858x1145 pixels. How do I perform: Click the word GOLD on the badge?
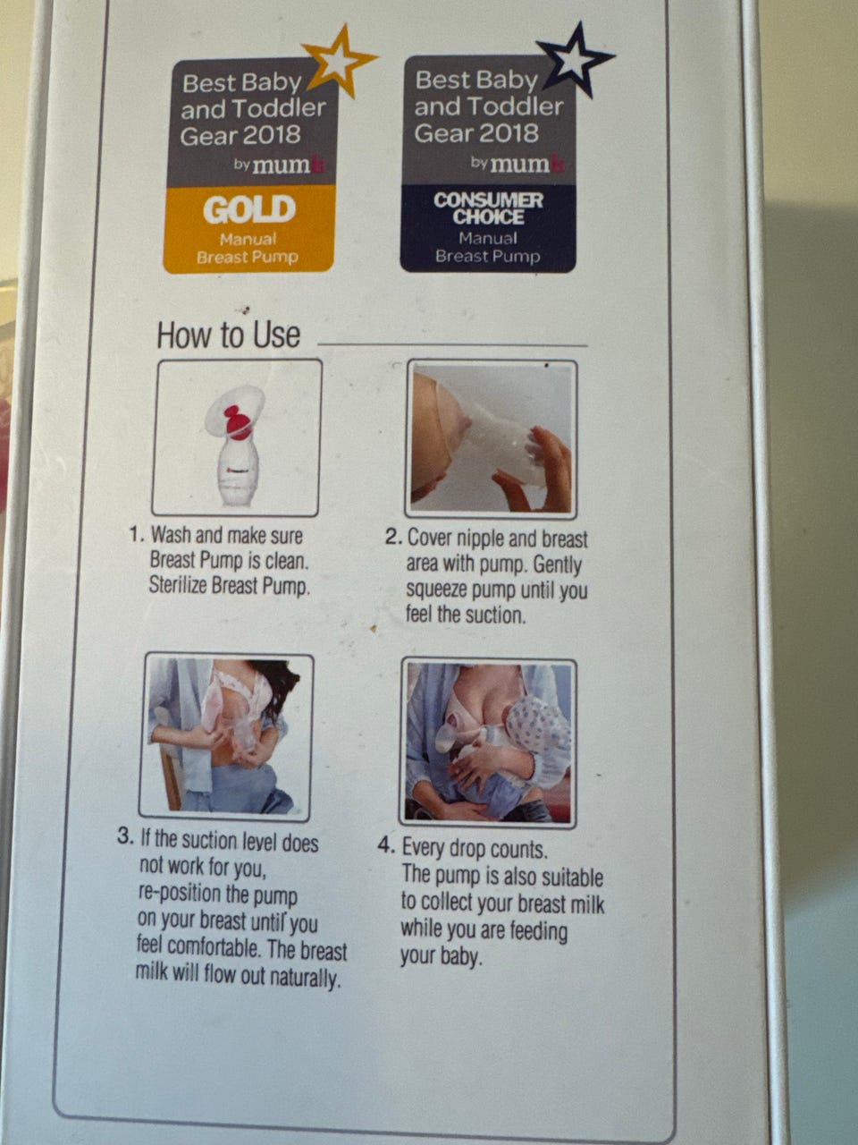tap(249, 208)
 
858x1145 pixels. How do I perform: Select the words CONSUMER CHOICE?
tap(488, 208)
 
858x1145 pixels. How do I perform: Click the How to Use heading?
tap(228, 335)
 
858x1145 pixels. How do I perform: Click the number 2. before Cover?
tap(393, 537)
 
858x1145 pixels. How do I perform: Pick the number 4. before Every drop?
tap(386, 845)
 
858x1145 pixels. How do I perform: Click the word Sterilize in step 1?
tap(178, 585)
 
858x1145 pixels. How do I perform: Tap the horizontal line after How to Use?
tap(452, 344)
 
